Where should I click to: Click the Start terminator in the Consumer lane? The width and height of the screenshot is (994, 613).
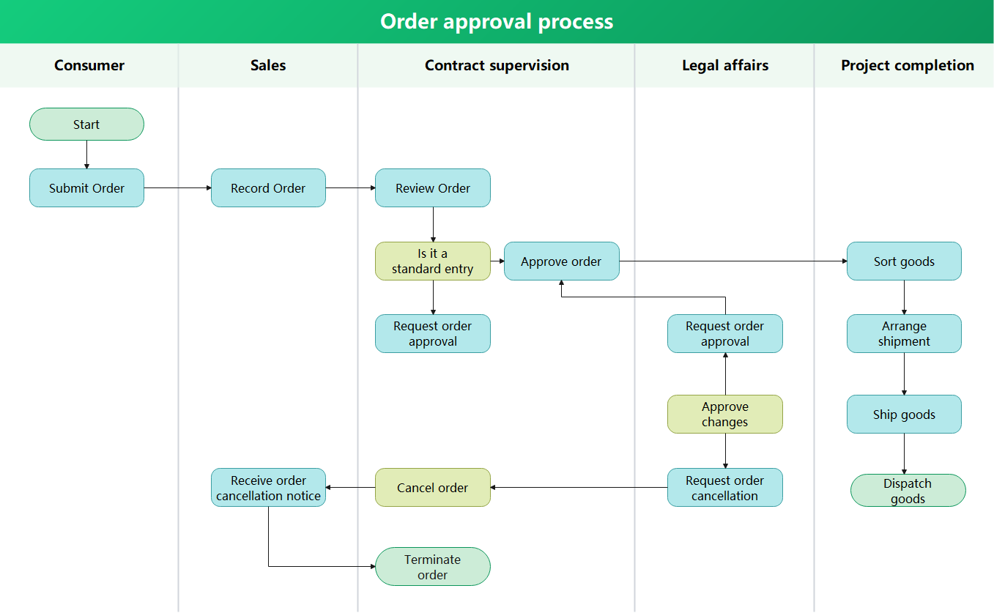click(86, 125)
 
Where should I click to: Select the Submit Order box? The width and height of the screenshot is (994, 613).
click(86, 188)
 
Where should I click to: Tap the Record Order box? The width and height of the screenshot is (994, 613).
click(268, 188)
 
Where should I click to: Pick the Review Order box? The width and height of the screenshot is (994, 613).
click(432, 188)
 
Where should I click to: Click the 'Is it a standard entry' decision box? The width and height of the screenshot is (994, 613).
click(432, 261)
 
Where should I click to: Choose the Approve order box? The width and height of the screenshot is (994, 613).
click(561, 261)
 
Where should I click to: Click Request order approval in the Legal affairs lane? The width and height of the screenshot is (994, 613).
click(724, 334)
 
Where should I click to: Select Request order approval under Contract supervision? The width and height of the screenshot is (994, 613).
click(432, 334)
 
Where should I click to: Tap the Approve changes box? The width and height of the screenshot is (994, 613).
click(724, 415)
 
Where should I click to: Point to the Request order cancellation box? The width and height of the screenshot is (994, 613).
click(724, 488)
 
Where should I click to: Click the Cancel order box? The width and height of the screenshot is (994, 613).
click(432, 488)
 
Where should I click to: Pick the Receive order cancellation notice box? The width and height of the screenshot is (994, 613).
click(268, 488)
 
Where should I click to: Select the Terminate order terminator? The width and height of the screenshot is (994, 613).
click(432, 567)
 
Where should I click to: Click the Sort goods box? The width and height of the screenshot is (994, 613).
click(904, 261)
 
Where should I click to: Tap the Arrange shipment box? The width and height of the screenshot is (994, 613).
click(904, 334)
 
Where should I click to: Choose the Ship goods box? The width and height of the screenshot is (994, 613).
click(904, 415)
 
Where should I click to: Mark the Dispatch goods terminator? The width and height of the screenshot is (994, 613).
click(908, 491)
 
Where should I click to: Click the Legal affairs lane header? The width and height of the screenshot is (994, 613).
click(724, 65)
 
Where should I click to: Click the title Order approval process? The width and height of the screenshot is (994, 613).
click(497, 21)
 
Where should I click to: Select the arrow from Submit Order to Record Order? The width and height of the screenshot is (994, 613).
click(177, 188)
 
